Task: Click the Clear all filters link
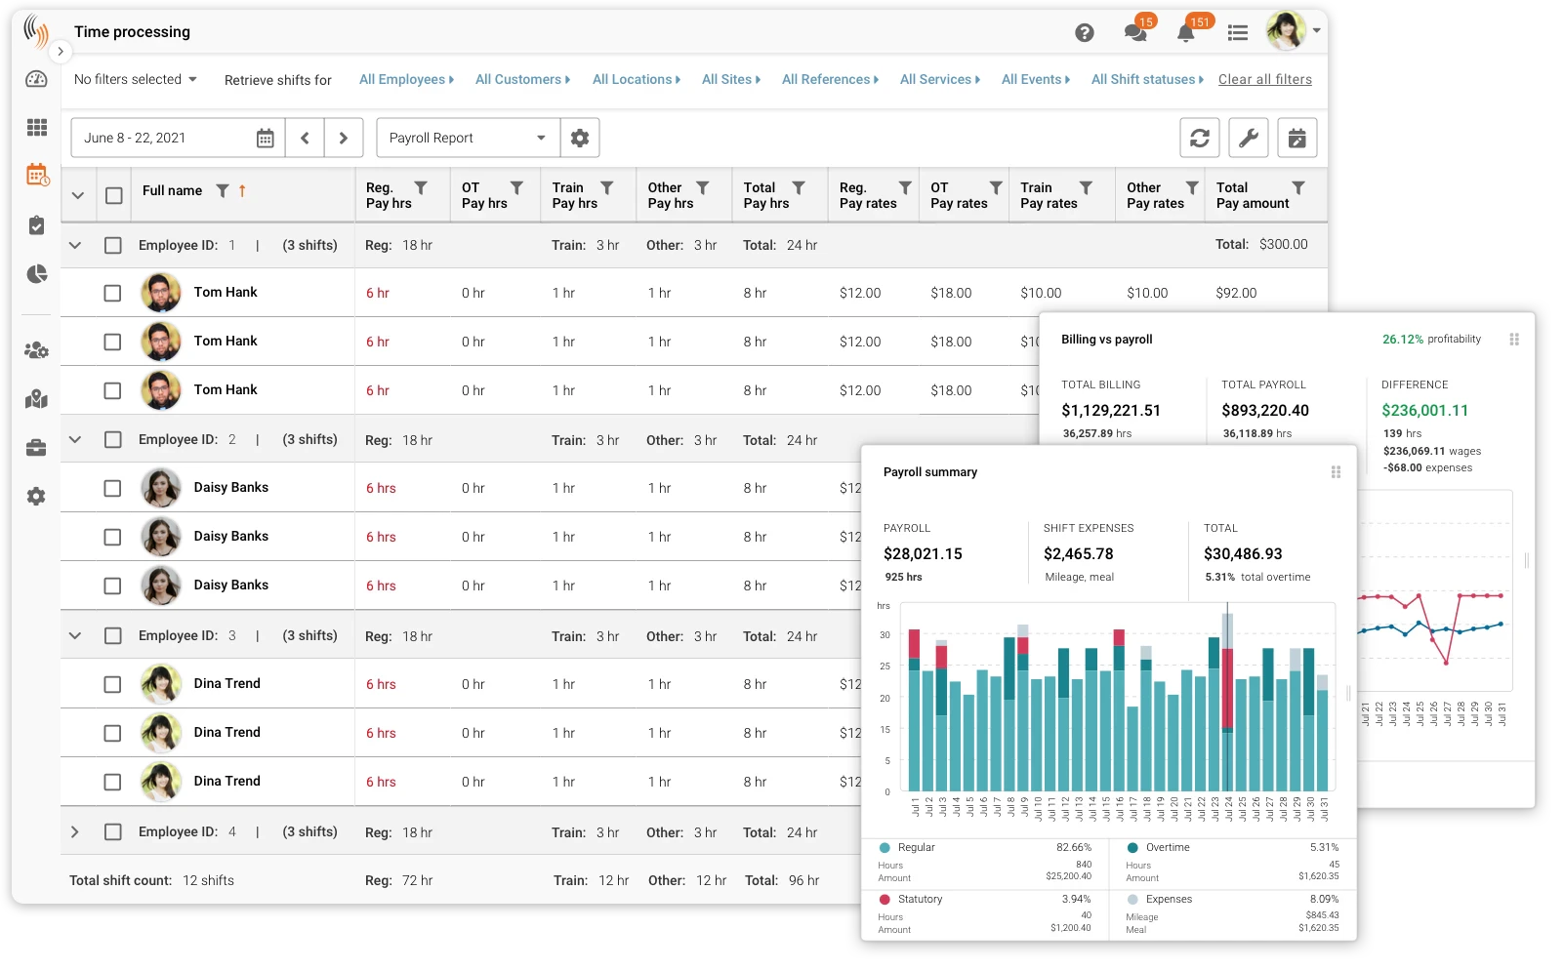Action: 1264,79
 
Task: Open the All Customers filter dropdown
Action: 522,79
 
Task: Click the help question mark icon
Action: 1084,33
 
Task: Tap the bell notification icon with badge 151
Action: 1185,33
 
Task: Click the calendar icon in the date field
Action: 265,139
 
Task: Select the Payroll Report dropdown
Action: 468,139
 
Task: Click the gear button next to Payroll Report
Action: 580,139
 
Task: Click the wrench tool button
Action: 1248,139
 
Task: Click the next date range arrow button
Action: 344,139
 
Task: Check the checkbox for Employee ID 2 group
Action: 113,440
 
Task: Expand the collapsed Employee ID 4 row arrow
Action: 75,832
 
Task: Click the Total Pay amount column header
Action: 1252,195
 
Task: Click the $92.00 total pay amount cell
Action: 1236,293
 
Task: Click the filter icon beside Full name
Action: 223,191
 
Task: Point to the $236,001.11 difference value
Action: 1424,411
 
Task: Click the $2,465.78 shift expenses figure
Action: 1078,554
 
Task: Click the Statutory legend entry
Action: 919,900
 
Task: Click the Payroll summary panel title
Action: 929,472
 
